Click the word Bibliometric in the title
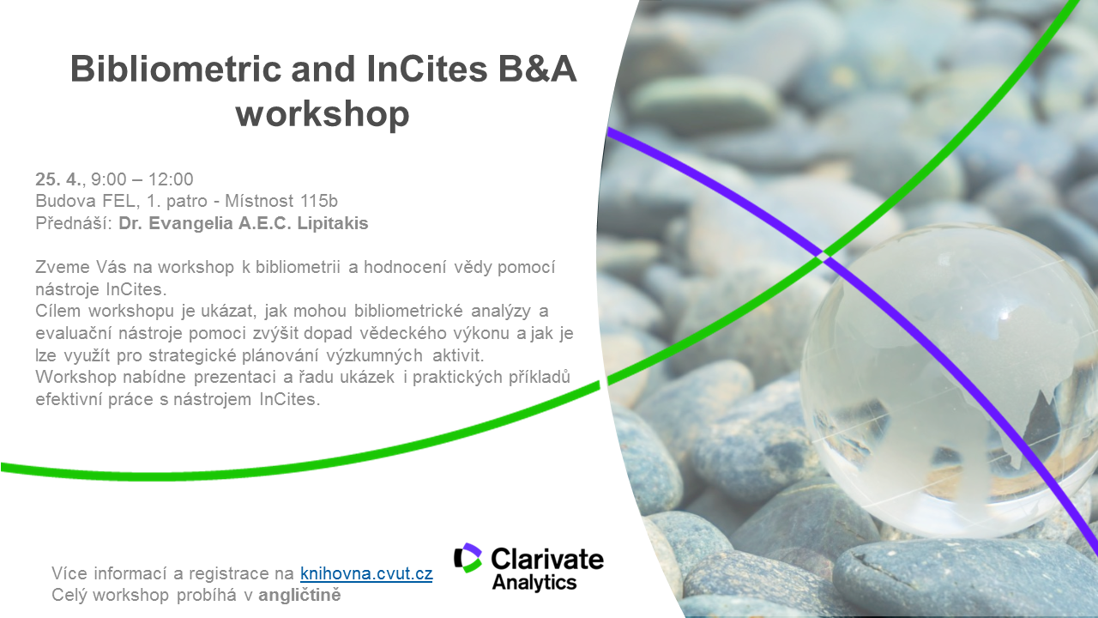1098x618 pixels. [176, 68]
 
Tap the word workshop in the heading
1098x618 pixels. [323, 114]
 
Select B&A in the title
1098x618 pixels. [537, 68]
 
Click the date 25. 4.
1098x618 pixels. [58, 179]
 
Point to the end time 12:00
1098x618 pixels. [171, 179]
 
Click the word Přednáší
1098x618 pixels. [74, 223]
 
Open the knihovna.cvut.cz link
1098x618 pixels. [366, 573]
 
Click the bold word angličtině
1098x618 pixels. [299, 595]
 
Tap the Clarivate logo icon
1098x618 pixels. [468, 558]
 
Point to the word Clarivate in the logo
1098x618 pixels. [547, 559]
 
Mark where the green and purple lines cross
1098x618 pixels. [823, 256]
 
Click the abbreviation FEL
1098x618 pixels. [118, 201]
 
